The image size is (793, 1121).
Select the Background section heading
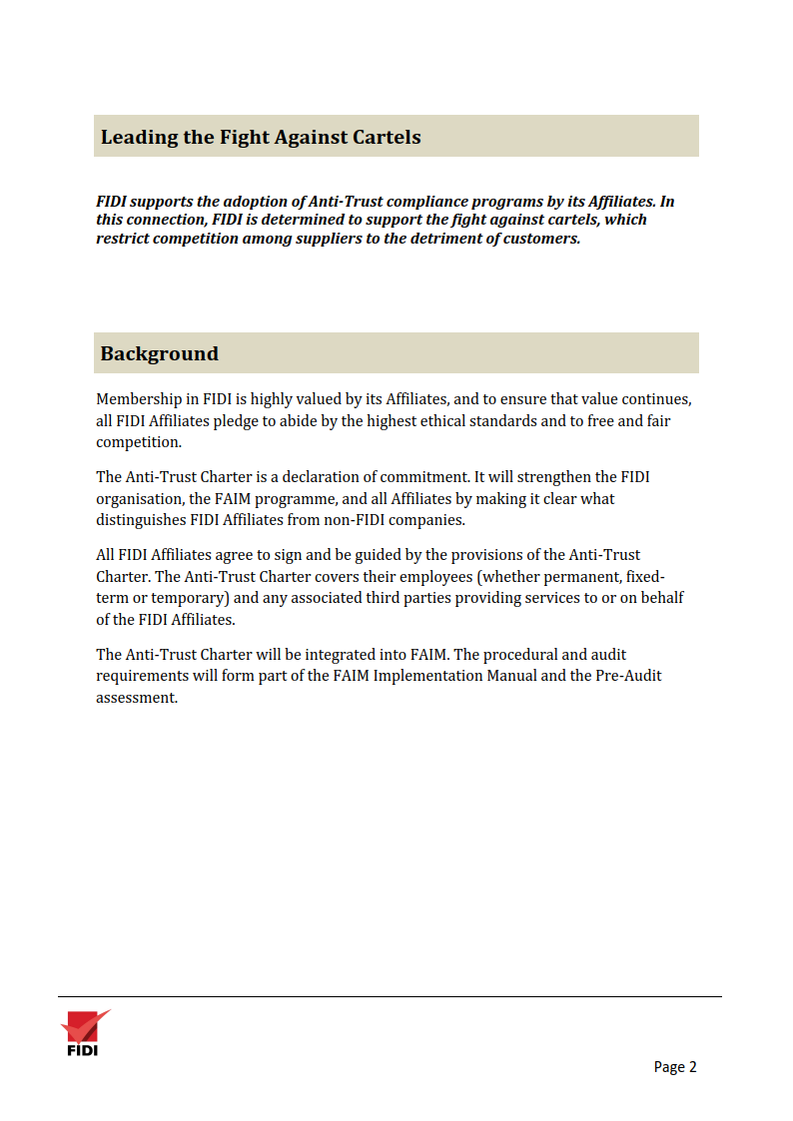tap(159, 353)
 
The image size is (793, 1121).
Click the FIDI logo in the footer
tap(83, 1032)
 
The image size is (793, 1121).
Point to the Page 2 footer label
tap(675, 1067)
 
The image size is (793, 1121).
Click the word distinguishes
tap(141, 521)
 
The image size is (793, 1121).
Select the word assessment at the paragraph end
tap(136, 699)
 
